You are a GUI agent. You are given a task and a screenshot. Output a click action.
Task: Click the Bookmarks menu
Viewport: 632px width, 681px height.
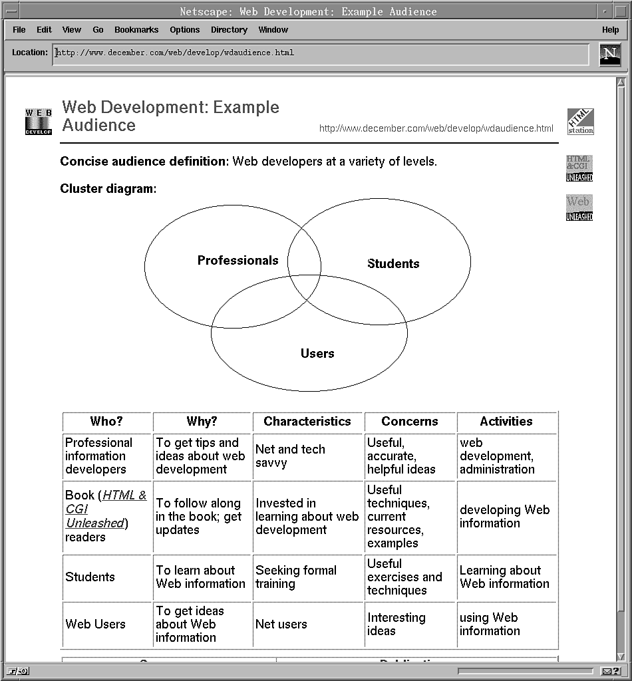coord(136,30)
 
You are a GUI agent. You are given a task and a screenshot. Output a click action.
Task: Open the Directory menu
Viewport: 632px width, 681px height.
coord(229,30)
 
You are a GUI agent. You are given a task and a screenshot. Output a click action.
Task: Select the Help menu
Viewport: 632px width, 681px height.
coord(610,30)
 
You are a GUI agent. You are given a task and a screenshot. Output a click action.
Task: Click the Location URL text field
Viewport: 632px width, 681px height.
coord(320,53)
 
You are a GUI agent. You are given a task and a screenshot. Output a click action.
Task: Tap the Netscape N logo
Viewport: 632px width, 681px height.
coord(609,55)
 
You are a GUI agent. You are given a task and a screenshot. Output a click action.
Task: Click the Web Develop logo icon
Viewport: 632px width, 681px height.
coord(38,122)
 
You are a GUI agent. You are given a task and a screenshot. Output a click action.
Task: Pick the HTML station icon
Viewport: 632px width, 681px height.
coord(580,122)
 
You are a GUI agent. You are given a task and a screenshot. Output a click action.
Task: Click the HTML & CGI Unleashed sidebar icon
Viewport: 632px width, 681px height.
coord(579,168)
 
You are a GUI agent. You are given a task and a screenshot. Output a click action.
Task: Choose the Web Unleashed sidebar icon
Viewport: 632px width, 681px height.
coord(579,207)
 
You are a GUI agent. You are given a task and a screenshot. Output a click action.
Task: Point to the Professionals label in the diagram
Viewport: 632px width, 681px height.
coord(237,260)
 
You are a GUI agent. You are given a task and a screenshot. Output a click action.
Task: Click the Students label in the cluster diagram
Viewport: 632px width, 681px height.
coord(393,264)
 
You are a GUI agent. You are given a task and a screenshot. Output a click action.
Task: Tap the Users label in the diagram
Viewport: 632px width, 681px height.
coord(317,353)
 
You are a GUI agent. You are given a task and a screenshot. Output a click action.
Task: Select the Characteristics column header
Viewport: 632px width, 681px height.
coord(307,421)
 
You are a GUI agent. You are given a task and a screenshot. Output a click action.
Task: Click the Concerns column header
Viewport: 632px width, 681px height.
coord(410,421)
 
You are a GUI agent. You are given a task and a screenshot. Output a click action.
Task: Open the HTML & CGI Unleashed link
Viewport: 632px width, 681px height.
coord(106,509)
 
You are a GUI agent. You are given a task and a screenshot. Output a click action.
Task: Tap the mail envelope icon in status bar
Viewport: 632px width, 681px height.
coord(610,671)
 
